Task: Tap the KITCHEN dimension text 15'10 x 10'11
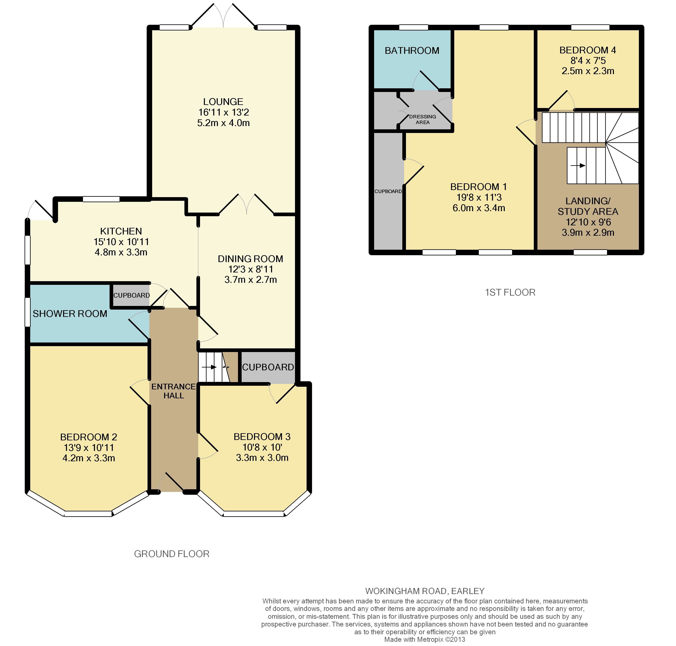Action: pyautogui.click(x=121, y=242)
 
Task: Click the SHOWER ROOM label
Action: pyautogui.click(x=70, y=314)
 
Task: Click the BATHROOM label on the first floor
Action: pyautogui.click(x=412, y=51)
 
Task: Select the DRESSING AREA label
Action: pyautogui.click(x=423, y=119)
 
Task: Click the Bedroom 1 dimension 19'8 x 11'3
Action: pyautogui.click(x=479, y=197)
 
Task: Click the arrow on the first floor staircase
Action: pyautogui.click(x=578, y=166)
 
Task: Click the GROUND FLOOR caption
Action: pyautogui.click(x=172, y=554)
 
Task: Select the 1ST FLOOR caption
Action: pyautogui.click(x=510, y=292)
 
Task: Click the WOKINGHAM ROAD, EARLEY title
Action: pyautogui.click(x=425, y=591)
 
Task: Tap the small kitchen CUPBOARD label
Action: pyautogui.click(x=131, y=295)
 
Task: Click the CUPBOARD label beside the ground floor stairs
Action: pyautogui.click(x=268, y=367)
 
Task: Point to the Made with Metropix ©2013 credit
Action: pyautogui.click(x=425, y=640)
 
